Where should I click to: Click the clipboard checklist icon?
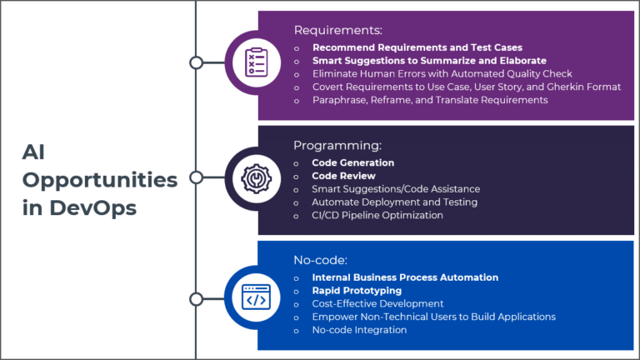pyautogui.click(x=256, y=62)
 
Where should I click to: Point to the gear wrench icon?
pyautogui.click(x=256, y=178)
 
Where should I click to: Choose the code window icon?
pyautogui.click(x=256, y=297)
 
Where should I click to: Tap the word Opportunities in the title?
pyautogui.click(x=100, y=180)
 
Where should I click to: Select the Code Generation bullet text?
pyautogui.click(x=352, y=162)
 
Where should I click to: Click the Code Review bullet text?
pyautogui.click(x=343, y=176)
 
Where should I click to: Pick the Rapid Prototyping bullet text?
pyautogui.click(x=357, y=290)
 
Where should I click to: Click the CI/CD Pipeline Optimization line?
pyautogui.click(x=377, y=215)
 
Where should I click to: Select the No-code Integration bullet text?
pyautogui.click(x=359, y=330)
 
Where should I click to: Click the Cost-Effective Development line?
pyautogui.click(x=377, y=303)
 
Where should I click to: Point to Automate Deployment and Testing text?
pyautogui.click(x=394, y=202)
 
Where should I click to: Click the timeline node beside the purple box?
pyautogui.click(x=196, y=62)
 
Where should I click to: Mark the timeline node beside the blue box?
pyautogui.click(x=196, y=298)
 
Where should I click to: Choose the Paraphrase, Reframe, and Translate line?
pyautogui.click(x=429, y=100)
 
